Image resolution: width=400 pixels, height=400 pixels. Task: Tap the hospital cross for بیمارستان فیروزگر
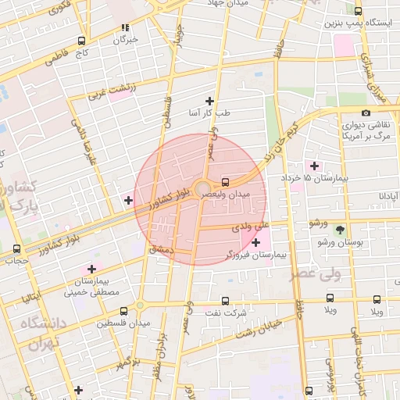tap(256, 243)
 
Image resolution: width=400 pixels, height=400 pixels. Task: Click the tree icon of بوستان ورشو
tap(340, 230)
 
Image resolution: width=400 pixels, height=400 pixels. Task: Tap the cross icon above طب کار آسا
tap(209, 101)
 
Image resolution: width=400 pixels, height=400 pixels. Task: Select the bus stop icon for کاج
tap(82, 41)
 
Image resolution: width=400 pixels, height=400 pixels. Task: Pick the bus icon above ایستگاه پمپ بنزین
tap(358, 12)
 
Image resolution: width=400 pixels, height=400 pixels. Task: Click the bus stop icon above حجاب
tap(17, 248)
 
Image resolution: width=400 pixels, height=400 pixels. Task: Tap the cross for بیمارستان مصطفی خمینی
tap(91, 269)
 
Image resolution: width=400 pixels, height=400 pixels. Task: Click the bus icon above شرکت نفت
tap(226, 301)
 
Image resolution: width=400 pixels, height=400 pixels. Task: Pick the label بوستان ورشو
tap(340, 243)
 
